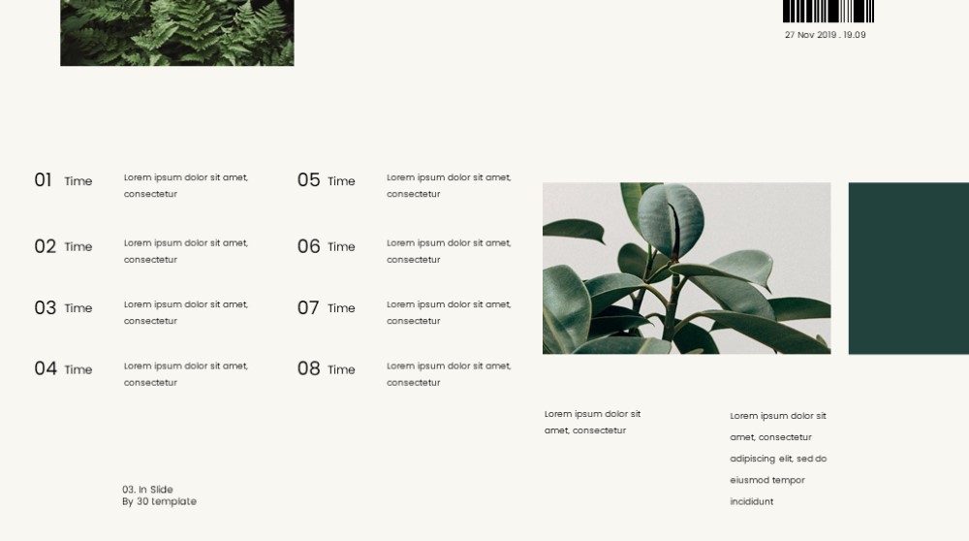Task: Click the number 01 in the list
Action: click(x=43, y=180)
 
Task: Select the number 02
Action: click(x=46, y=246)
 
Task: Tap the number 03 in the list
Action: click(x=46, y=307)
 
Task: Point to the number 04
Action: click(x=46, y=368)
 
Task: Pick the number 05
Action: click(x=308, y=180)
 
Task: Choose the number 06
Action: click(x=308, y=246)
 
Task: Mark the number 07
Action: click(x=308, y=307)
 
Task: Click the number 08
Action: click(x=308, y=368)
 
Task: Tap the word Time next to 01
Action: click(x=78, y=181)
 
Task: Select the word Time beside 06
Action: click(x=341, y=246)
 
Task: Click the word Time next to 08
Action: click(x=341, y=369)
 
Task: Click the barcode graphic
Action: click(x=828, y=11)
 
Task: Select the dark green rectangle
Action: click(x=909, y=269)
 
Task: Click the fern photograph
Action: click(x=177, y=33)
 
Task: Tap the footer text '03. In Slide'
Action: click(x=147, y=490)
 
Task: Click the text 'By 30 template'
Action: click(x=160, y=501)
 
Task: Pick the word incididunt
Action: click(x=752, y=501)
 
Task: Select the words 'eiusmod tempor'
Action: click(x=767, y=481)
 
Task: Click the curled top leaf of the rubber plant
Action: click(x=671, y=219)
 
